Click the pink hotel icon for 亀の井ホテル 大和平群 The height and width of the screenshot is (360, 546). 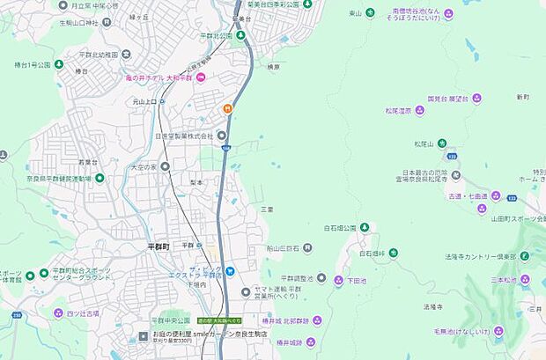(x=201, y=78)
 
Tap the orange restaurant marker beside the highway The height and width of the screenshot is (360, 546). (x=227, y=108)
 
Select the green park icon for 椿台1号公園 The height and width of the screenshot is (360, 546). (x=58, y=64)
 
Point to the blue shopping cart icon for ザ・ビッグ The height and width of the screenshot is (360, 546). (x=229, y=270)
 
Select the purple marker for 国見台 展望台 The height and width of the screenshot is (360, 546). (x=476, y=99)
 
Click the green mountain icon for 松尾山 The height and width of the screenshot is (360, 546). (x=442, y=143)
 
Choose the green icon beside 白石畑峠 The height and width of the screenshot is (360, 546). (x=393, y=253)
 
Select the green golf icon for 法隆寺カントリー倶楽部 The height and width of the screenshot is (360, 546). (x=526, y=257)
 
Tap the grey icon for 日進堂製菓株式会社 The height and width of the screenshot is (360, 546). (x=222, y=136)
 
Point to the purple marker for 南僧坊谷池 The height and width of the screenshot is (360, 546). (x=448, y=13)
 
